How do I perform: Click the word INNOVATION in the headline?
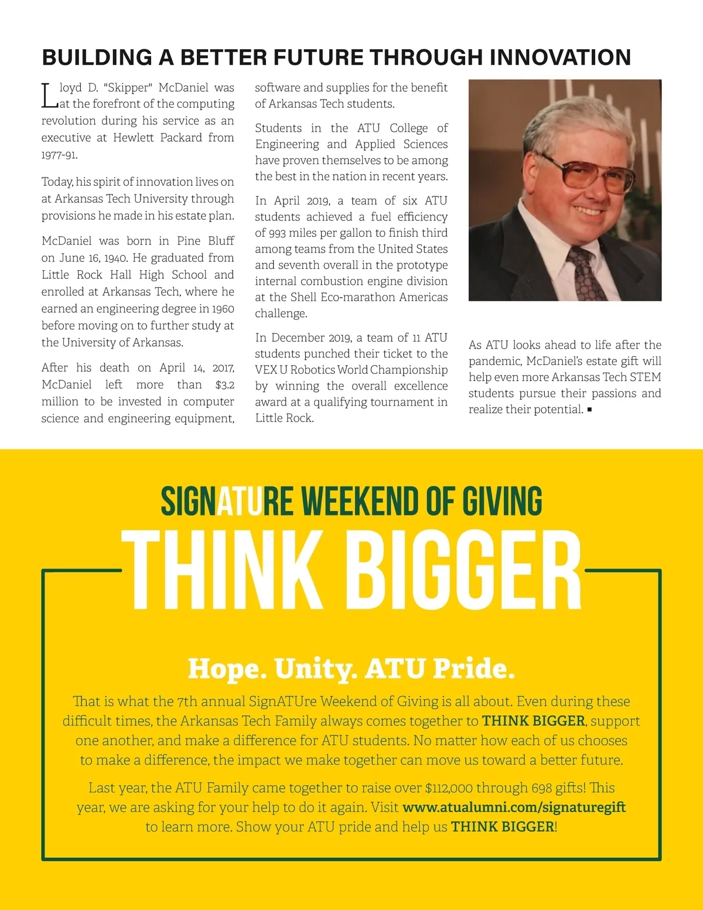[x=560, y=57]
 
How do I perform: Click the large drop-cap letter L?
[x=49, y=96]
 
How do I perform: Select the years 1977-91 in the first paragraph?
[x=59, y=155]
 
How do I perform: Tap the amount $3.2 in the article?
[x=225, y=385]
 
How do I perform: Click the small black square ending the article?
[x=589, y=410]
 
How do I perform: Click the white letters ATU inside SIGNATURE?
[x=240, y=502]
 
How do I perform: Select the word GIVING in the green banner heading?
[x=502, y=502]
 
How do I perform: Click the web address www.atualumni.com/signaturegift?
[x=514, y=807]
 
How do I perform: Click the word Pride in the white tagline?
[x=473, y=669]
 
